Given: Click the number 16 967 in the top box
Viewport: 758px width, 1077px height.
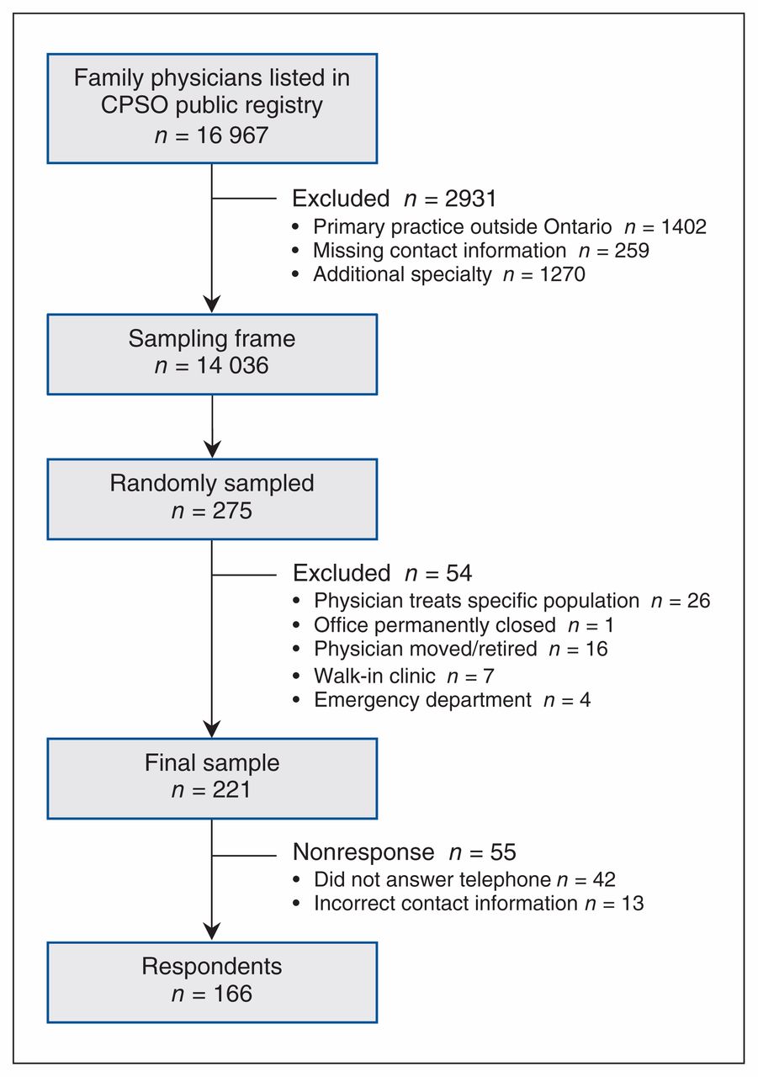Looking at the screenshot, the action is pyautogui.click(x=232, y=135).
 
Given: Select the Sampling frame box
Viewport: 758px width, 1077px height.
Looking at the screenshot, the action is pyautogui.click(x=212, y=354).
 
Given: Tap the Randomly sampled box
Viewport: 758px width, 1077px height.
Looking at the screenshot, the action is pyautogui.click(x=212, y=499).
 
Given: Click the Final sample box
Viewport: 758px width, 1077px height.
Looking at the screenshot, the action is pyautogui.click(x=212, y=778).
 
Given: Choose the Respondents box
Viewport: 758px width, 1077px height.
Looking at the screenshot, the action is pyautogui.click(x=212, y=982).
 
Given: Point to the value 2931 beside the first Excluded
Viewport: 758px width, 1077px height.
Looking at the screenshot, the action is pyautogui.click(x=470, y=199).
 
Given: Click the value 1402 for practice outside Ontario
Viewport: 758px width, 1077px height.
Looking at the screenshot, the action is pyautogui.click(x=683, y=226).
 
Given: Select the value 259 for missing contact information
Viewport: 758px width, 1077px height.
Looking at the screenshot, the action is pyautogui.click(x=632, y=251).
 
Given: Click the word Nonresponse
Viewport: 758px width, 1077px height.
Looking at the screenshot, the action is pyautogui.click(x=363, y=852).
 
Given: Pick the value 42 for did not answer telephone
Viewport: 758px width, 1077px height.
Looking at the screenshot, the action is pyautogui.click(x=604, y=879).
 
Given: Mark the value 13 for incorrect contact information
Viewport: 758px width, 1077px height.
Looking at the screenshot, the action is pyautogui.click(x=633, y=904).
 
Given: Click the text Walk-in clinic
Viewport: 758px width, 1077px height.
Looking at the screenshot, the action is pyautogui.click(x=374, y=676).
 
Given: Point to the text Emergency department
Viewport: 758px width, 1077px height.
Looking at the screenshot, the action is pyautogui.click(x=422, y=700).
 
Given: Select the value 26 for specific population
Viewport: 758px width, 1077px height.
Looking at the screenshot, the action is pyautogui.click(x=698, y=601).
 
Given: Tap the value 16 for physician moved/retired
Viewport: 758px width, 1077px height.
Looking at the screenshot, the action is pyautogui.click(x=596, y=649).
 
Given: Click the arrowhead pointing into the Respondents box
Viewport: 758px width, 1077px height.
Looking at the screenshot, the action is pyautogui.click(x=212, y=931).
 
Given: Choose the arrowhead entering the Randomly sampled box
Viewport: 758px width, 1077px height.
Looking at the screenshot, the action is pyautogui.click(x=212, y=449).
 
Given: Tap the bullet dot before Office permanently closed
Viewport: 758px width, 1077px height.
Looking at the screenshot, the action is pyautogui.click(x=296, y=625).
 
